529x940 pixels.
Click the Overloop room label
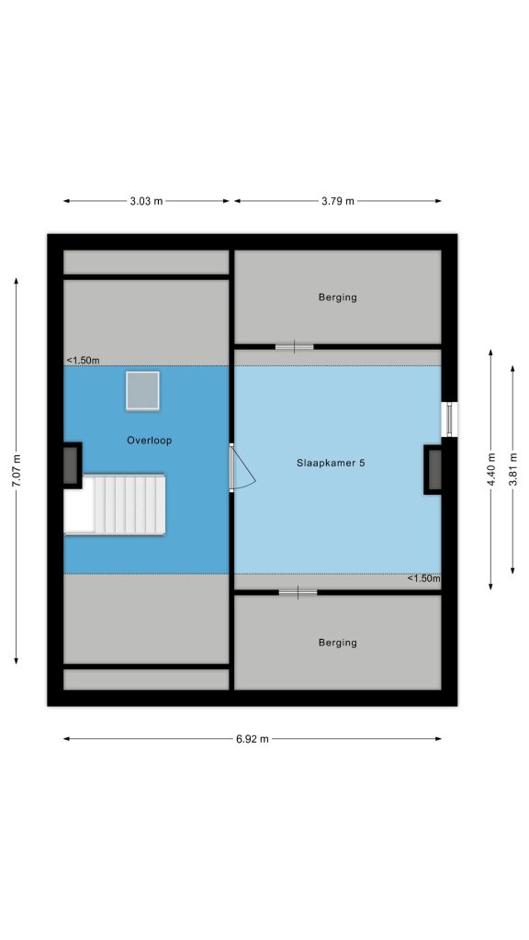pyautogui.click(x=149, y=441)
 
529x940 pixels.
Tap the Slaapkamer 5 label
pyautogui.click(x=331, y=463)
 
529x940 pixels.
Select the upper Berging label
pyautogui.click(x=338, y=297)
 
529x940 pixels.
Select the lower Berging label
pyautogui.click(x=338, y=643)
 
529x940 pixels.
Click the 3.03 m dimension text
pyautogui.click(x=146, y=201)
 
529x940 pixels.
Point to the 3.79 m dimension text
pyautogui.click(x=338, y=201)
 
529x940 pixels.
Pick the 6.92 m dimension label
pyautogui.click(x=253, y=739)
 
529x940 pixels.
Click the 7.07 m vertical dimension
pyautogui.click(x=17, y=471)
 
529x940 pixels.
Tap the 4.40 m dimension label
pyautogui.click(x=491, y=470)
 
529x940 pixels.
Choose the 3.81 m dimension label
pyautogui.click(x=512, y=470)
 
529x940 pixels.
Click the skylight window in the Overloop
pyautogui.click(x=142, y=391)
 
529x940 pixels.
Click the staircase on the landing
pyautogui.click(x=115, y=504)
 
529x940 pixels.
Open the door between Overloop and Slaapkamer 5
pyautogui.click(x=242, y=467)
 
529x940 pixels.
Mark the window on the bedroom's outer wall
pyautogui.click(x=449, y=419)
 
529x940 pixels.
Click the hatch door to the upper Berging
pyautogui.click(x=295, y=346)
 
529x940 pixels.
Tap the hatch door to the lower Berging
pyautogui.click(x=298, y=593)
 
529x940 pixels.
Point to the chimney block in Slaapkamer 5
pyautogui.click(x=433, y=469)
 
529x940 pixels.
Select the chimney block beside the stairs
pyautogui.click(x=72, y=465)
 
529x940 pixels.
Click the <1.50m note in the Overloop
pyautogui.click(x=83, y=360)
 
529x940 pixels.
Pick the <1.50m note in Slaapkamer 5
pyautogui.click(x=424, y=578)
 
